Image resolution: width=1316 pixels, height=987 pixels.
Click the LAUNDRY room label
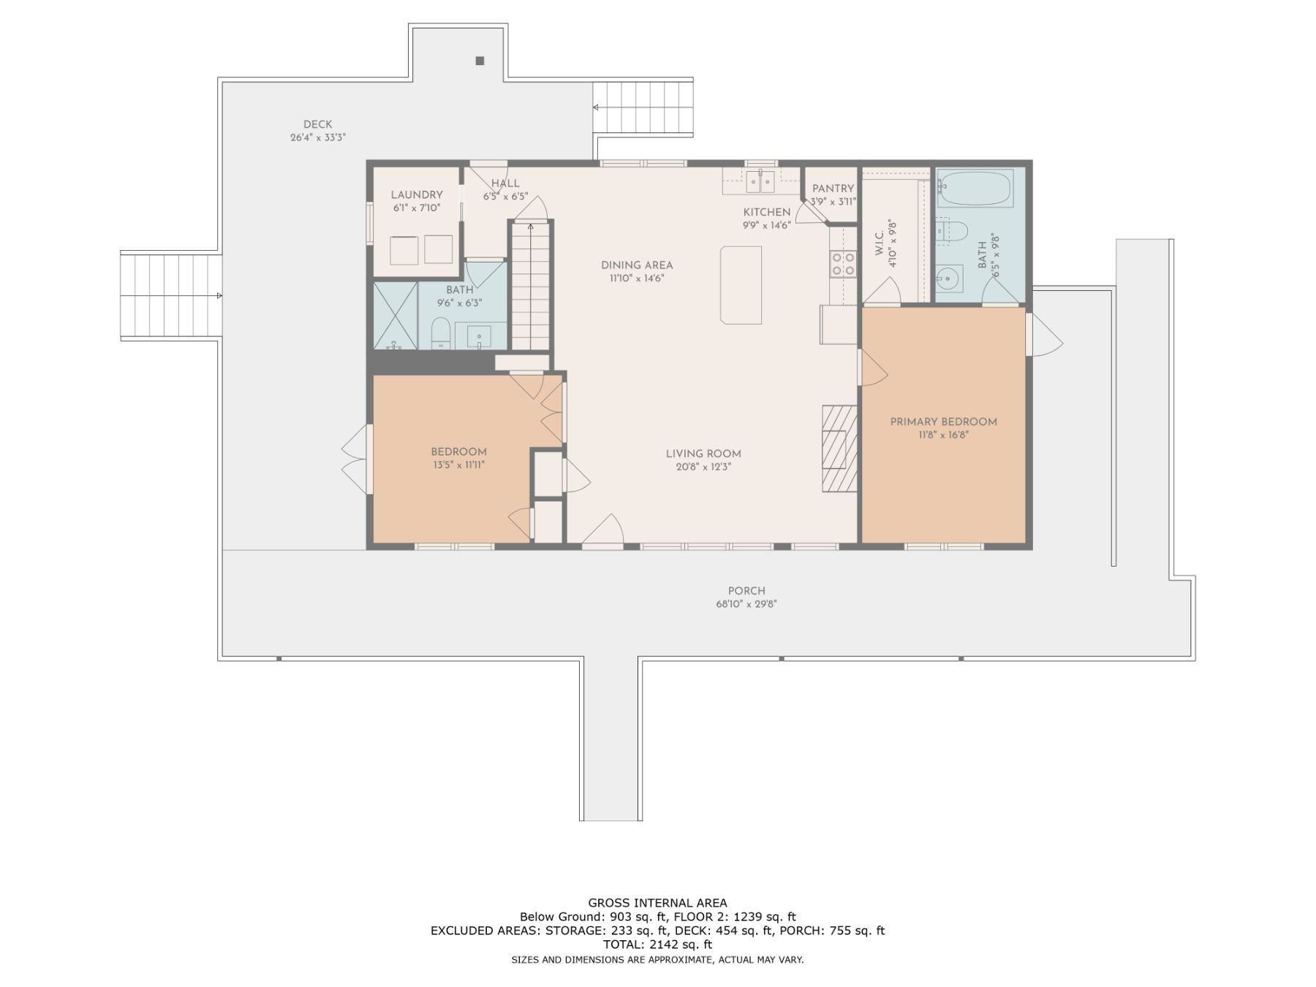[417, 194]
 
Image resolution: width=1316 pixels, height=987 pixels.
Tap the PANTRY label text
[833, 189]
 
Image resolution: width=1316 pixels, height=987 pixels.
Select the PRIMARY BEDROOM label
[944, 422]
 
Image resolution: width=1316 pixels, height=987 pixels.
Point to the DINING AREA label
[637, 265]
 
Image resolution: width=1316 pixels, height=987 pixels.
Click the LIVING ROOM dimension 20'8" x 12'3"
[703, 466]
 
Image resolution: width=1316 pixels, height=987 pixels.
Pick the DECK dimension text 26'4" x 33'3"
[318, 137]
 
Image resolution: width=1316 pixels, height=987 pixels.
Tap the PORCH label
[746, 591]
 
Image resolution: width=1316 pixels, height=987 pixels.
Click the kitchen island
[741, 284]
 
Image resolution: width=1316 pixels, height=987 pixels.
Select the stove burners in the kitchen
[843, 263]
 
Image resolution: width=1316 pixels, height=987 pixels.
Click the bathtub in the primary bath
[975, 188]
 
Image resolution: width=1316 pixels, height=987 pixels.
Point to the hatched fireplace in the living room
[839, 448]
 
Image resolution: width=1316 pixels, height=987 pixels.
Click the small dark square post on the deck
[480, 61]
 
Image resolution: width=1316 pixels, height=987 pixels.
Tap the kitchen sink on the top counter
[760, 181]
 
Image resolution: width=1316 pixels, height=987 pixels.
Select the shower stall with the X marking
[396, 315]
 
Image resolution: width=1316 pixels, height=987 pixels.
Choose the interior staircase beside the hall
[530, 287]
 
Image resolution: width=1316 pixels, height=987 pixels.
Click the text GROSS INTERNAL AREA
[658, 903]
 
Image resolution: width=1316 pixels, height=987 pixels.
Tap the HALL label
[505, 184]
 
